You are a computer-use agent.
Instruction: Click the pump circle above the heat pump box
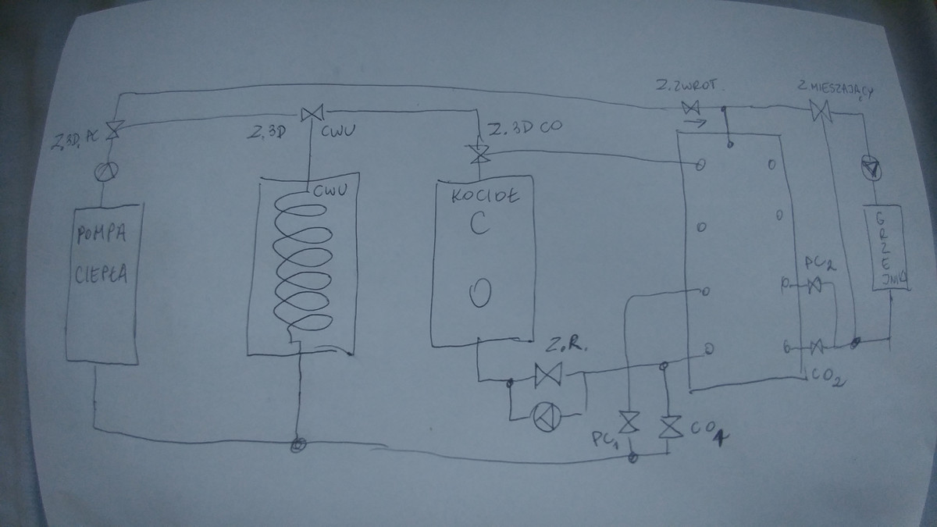[105, 171]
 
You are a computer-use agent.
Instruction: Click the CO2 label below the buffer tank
[825, 381]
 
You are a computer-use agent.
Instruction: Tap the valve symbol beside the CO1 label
[668, 427]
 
